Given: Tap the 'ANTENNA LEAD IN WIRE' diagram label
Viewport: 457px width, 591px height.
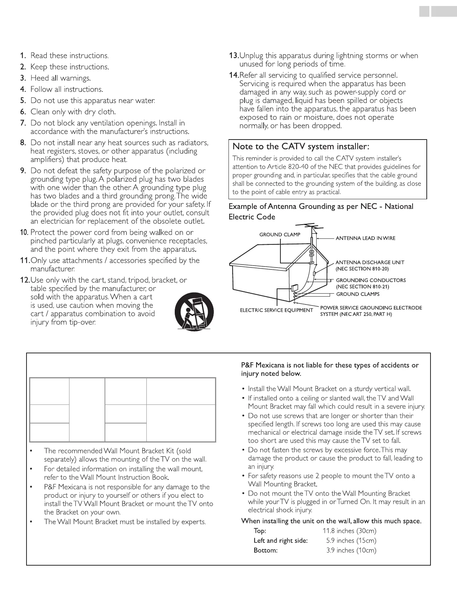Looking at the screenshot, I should tap(366, 238).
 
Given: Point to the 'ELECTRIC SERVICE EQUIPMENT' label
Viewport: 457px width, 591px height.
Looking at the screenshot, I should tap(276, 310).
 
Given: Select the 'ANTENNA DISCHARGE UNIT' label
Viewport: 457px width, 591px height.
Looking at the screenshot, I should tap(370, 262).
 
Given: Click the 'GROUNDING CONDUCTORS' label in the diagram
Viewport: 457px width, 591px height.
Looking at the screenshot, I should tap(371, 280).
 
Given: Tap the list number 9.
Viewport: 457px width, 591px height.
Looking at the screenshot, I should tap(23, 171).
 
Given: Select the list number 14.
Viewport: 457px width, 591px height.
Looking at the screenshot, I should tap(233, 75).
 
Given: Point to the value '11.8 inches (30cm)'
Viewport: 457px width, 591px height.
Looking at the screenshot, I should tap(349, 531).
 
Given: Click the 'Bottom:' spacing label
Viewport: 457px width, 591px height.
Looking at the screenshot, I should tap(265, 550).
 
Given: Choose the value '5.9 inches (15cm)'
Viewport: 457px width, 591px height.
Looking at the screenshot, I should tap(351, 541).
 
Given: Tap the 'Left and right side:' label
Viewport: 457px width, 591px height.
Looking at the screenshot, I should tap(280, 541).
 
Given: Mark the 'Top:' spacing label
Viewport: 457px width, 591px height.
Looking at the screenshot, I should tap(260, 531).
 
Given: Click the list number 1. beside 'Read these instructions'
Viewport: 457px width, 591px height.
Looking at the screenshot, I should tap(23, 56).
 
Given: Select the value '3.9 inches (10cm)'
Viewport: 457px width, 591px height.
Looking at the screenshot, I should tap(351, 550).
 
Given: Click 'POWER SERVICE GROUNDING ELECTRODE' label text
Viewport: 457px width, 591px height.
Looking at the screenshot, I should tap(371, 308).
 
